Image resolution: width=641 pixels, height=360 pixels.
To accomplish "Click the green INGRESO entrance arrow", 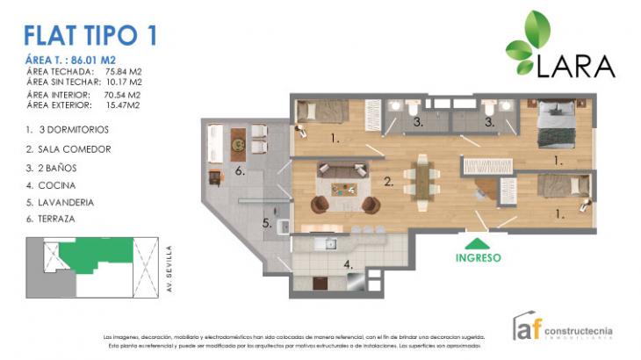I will (477, 243).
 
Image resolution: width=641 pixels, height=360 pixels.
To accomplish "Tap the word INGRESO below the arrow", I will (478, 258).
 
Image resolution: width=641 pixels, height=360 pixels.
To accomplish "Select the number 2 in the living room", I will (387, 183).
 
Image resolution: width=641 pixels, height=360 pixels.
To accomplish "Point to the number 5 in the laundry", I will (266, 223).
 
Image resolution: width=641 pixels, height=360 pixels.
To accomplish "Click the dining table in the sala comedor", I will (423, 182).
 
